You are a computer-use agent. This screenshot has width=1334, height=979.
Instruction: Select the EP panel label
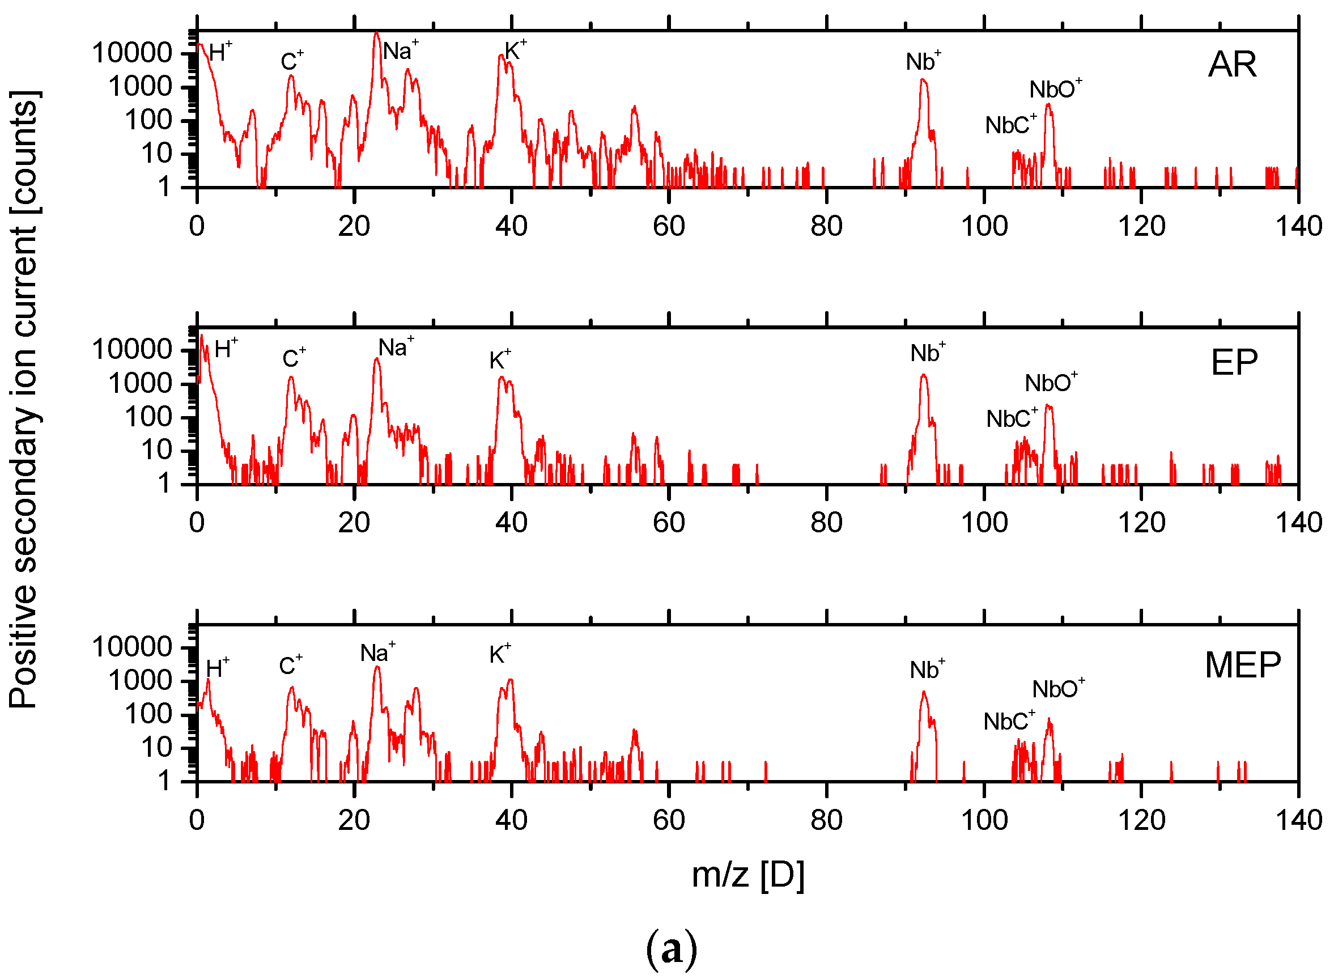click(1234, 363)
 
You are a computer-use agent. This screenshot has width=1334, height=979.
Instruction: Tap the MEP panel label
click(1243, 665)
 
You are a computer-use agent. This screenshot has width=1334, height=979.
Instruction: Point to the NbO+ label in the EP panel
click(1050, 383)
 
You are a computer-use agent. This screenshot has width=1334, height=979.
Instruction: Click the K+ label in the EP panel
click(499, 360)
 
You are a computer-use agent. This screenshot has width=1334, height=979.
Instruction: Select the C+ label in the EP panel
click(293, 358)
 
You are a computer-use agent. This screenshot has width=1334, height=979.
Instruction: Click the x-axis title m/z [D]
click(747, 875)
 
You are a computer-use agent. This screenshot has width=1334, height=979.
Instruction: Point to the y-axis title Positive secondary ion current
click(24, 400)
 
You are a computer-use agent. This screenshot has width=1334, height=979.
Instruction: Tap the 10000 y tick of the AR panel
click(131, 53)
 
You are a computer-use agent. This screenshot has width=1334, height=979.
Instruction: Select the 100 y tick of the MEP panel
click(147, 714)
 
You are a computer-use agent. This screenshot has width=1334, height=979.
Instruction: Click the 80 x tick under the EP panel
click(826, 523)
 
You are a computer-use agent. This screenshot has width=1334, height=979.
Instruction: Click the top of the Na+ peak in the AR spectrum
click(376, 33)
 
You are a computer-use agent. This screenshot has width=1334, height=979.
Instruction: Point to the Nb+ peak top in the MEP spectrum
click(924, 692)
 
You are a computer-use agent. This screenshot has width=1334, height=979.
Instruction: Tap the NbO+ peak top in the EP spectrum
click(1048, 406)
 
